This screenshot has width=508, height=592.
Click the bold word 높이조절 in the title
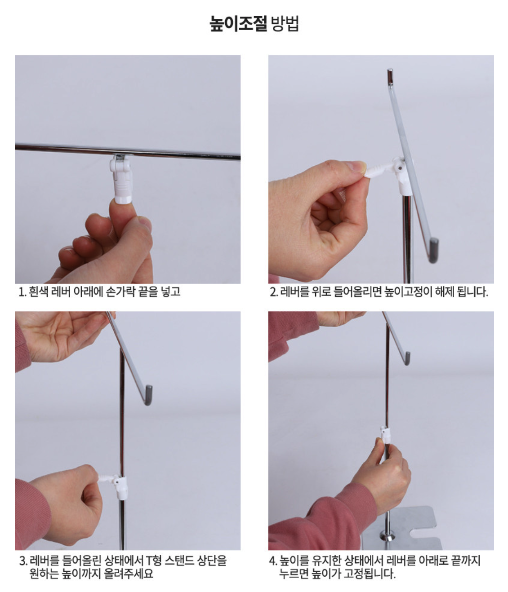[x=238, y=23]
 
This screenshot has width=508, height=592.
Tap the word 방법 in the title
[x=285, y=23]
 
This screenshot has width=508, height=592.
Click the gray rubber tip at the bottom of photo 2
[x=433, y=250]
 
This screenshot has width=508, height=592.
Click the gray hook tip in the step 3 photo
[x=148, y=395]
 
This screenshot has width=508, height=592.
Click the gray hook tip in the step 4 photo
[x=407, y=358]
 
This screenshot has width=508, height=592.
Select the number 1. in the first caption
[x=22, y=292]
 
